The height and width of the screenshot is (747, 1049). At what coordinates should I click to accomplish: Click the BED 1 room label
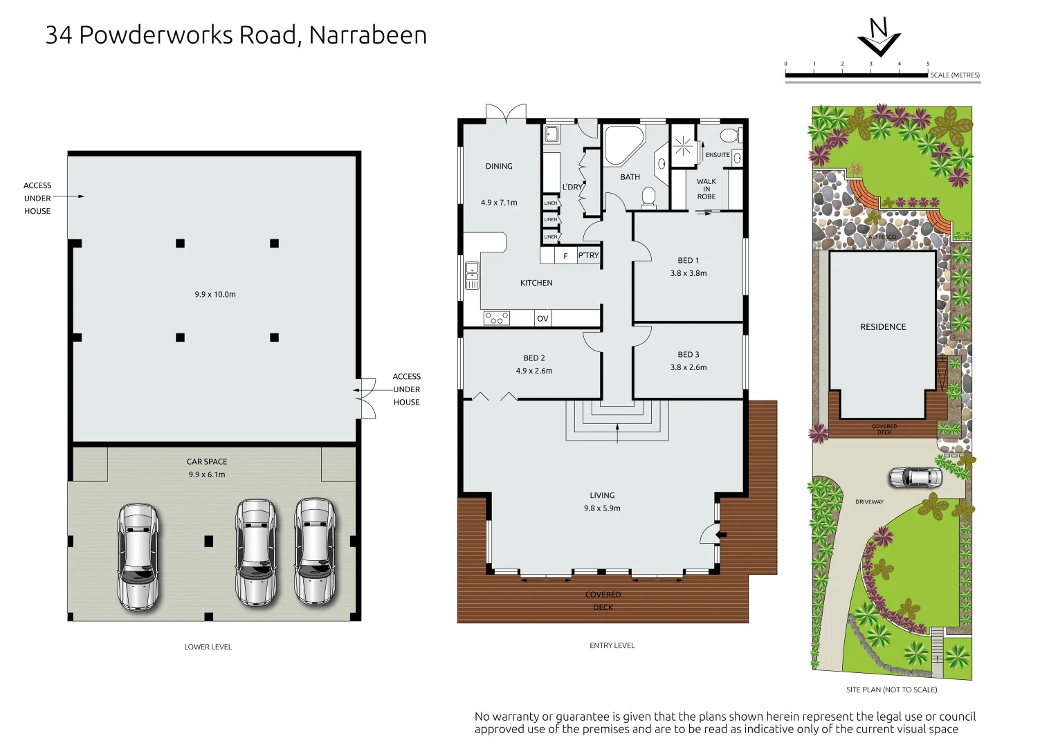(x=688, y=261)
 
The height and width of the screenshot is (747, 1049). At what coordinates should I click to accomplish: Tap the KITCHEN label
(x=536, y=283)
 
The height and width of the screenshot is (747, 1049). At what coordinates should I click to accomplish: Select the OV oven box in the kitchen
(x=542, y=319)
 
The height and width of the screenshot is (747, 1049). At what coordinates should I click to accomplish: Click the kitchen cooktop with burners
(x=496, y=318)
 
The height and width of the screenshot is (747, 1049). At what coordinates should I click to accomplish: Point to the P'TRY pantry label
(x=588, y=256)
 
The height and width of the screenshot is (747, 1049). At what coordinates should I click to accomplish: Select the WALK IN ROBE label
(x=706, y=189)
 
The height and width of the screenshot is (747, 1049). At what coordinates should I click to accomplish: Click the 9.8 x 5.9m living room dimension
(x=602, y=508)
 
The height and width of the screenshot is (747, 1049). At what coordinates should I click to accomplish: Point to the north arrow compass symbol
(x=879, y=38)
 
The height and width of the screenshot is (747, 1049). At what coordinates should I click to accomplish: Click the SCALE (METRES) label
(x=954, y=75)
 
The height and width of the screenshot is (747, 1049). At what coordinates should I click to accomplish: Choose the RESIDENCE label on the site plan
(x=883, y=327)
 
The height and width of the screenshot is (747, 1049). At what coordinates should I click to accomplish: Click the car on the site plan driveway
(x=915, y=477)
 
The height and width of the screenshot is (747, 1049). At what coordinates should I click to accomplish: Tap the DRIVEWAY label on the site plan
(x=869, y=502)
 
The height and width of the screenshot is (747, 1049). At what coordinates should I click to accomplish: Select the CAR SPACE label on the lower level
(x=207, y=462)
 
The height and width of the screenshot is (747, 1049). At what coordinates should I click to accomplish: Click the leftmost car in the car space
(x=138, y=557)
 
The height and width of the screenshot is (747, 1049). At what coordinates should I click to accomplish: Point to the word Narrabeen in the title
(x=367, y=35)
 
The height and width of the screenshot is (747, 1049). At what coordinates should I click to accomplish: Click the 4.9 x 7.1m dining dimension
(x=499, y=203)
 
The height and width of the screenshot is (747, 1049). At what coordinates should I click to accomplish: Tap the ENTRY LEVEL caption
(x=612, y=646)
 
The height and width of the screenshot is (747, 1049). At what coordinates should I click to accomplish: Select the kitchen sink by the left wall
(x=472, y=275)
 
